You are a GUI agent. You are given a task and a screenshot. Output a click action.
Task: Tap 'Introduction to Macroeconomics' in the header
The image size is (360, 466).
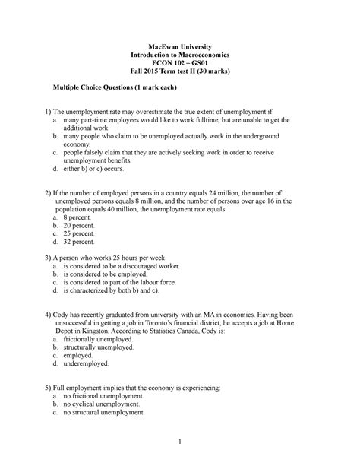click(x=180, y=50)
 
